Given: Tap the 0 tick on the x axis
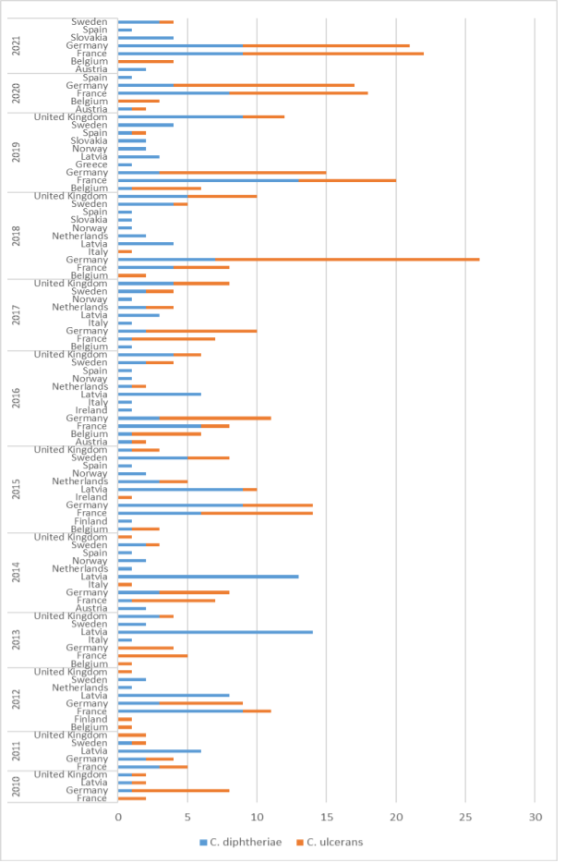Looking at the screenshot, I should click(x=118, y=817).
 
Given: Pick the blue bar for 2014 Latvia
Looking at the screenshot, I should click(x=208, y=577).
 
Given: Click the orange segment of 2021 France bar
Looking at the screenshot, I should click(x=333, y=54).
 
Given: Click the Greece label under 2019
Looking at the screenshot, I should click(x=92, y=164).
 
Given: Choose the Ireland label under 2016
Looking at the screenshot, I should click(x=91, y=410).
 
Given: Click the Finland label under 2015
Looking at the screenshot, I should click(x=90, y=521).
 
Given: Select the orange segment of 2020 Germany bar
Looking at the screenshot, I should click(x=264, y=85).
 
